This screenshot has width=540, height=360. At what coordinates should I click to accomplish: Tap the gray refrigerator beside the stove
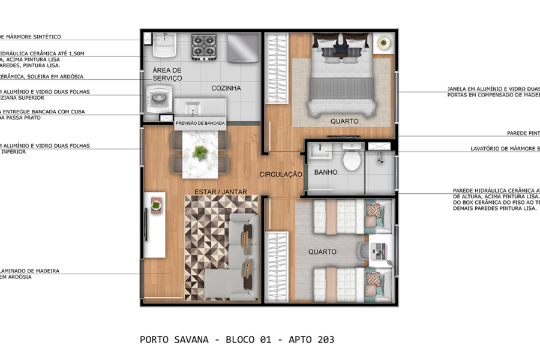(242, 46)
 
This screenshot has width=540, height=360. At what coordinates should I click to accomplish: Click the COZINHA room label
(226, 88)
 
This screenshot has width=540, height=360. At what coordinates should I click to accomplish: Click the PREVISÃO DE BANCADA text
(200, 123)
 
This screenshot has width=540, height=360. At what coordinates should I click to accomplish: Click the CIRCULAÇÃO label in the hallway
(280, 175)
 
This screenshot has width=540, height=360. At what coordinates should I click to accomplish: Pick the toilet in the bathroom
(351, 160)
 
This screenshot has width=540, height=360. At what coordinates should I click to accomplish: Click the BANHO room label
(326, 172)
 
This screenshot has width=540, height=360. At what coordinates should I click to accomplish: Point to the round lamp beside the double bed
(383, 43)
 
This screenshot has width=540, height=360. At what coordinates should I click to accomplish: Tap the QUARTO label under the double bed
(344, 121)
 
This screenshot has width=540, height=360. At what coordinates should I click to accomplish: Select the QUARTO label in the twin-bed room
(322, 252)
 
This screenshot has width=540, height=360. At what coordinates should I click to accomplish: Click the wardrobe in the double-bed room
(277, 78)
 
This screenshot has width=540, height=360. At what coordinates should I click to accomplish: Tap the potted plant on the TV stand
(157, 206)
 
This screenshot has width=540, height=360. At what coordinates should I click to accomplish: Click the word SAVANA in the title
(190, 340)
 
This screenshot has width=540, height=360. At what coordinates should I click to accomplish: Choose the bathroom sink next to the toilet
(324, 151)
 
